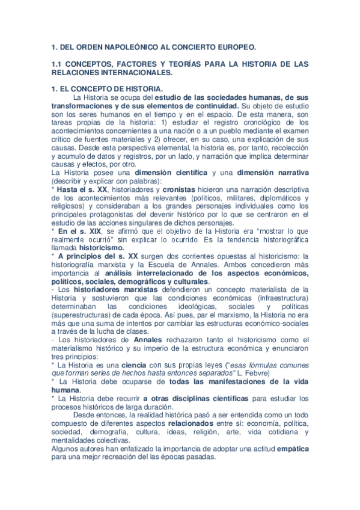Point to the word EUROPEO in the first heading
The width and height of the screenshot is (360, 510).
tap(236, 46)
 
